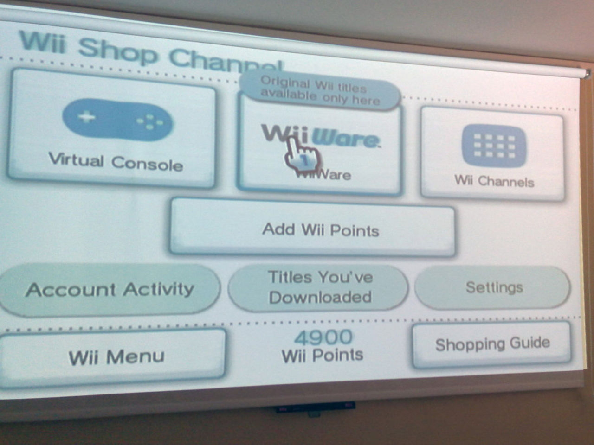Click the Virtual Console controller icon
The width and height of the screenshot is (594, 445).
(x=118, y=120)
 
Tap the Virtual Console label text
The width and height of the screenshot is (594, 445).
(x=116, y=162)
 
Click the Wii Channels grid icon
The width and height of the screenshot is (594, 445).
(x=494, y=146)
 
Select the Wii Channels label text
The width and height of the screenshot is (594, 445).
(x=494, y=181)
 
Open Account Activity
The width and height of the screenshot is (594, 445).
(x=110, y=290)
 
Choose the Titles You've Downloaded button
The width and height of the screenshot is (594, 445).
(x=320, y=287)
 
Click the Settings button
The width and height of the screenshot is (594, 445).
(x=494, y=287)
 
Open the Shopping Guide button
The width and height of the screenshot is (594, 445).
(x=492, y=344)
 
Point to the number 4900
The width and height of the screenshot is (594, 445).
(x=323, y=337)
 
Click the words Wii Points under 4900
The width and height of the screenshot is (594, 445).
(x=322, y=356)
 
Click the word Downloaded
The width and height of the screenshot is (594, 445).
(x=320, y=297)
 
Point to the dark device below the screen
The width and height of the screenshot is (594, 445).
(x=315, y=408)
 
